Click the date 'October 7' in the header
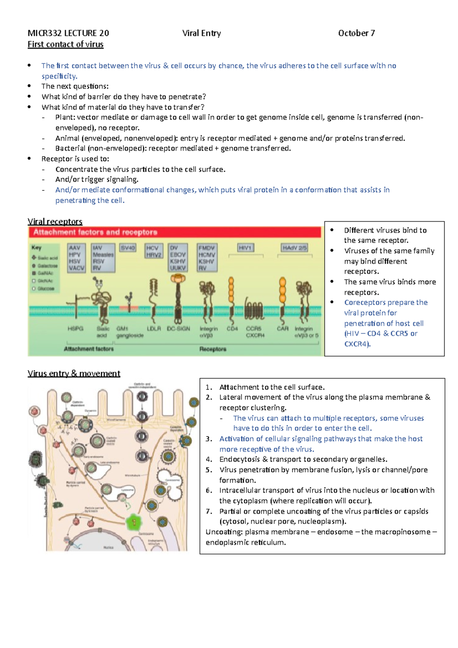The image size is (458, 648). pos(356,33)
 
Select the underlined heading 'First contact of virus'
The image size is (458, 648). pos(65,44)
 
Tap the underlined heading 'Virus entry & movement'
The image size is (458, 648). pos(74,373)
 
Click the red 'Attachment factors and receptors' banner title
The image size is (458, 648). pos(95,232)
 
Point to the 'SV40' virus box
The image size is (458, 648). pos(128,248)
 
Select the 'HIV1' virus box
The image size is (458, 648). pos(245,248)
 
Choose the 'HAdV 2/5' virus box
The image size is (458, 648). pos(294,248)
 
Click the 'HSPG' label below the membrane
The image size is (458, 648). pos(75,329)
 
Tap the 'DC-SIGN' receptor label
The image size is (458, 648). pos(178,329)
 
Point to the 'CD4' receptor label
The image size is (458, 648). pos(232,329)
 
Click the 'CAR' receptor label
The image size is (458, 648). pos(283,329)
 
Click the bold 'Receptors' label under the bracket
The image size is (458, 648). pos(213,349)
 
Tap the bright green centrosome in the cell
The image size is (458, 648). pos(134,522)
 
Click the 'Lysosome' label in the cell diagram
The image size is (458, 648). pos(127,490)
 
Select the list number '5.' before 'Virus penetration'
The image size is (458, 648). pos(209,470)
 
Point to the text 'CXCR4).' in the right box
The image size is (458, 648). pos(357,344)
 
